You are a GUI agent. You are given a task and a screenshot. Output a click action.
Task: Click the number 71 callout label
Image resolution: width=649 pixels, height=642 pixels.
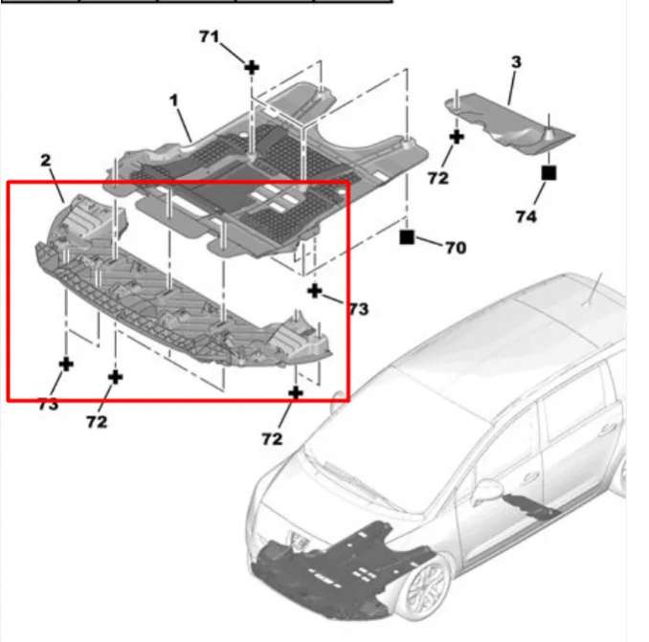pyautogui.click(x=209, y=36)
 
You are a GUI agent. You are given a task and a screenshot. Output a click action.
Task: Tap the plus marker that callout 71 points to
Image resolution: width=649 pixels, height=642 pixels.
pyautogui.click(x=252, y=67)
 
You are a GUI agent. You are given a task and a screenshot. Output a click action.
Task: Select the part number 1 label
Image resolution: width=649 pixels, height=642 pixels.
pyautogui.click(x=174, y=100)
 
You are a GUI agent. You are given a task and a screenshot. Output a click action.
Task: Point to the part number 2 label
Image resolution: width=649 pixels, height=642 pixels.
pyautogui.click(x=46, y=161)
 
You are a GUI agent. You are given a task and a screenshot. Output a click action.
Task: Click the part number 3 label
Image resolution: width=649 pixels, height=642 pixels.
pyautogui.click(x=516, y=62)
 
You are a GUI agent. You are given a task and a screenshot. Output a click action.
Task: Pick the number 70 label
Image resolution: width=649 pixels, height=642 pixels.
pyautogui.click(x=456, y=248)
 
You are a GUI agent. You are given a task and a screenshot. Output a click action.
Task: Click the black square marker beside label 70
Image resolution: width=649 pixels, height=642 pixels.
pyautogui.click(x=407, y=237)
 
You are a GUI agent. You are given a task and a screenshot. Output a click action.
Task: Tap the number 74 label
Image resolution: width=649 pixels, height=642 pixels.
pyautogui.click(x=526, y=216)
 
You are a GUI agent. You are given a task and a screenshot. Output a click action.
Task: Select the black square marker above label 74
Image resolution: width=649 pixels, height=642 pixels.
pyautogui.click(x=548, y=172)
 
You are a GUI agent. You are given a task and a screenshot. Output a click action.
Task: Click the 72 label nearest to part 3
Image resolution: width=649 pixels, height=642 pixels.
pyautogui.click(x=437, y=178)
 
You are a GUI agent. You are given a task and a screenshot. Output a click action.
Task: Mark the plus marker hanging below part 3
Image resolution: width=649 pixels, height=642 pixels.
pyautogui.click(x=457, y=137)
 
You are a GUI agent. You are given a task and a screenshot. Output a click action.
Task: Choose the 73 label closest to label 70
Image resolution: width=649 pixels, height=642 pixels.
pyautogui.click(x=358, y=309)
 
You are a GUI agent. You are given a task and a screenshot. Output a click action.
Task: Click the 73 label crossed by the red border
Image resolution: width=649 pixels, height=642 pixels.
pyautogui.click(x=49, y=405)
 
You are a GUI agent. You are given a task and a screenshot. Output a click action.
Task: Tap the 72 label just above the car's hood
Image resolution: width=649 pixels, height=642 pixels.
pyautogui.click(x=272, y=439)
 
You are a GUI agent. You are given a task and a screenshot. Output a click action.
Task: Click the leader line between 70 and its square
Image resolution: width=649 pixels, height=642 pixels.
pyautogui.click(x=428, y=241)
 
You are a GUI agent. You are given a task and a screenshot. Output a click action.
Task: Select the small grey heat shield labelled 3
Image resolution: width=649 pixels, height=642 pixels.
pyautogui.click(x=510, y=122)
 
